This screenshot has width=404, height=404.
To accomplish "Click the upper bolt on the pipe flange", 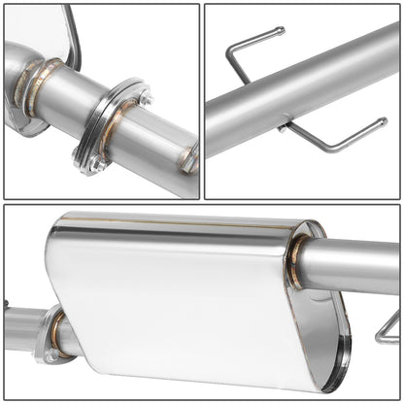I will point(144,98).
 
